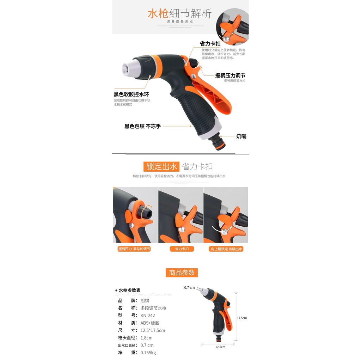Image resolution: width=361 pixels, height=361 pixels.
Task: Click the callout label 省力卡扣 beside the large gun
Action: tap(210, 44)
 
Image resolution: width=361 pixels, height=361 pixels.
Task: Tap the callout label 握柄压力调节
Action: tap(230, 75)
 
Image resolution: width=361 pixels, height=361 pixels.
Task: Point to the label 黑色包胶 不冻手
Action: tap(142, 126)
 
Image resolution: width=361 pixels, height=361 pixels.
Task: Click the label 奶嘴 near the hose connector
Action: tap(241, 136)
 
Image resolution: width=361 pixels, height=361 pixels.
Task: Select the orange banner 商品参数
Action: tap(182, 273)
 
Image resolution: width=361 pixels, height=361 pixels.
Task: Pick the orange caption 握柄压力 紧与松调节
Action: tap(134, 249)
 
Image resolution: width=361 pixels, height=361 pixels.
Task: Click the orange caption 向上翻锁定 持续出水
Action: tap(226, 249)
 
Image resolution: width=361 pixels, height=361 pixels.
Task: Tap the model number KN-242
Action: tap(148, 316)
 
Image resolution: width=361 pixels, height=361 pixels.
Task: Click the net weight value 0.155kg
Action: tap(148, 353)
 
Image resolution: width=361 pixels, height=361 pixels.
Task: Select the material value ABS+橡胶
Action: tap(150, 323)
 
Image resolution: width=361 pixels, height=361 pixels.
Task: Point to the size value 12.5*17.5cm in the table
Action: tap(153, 330)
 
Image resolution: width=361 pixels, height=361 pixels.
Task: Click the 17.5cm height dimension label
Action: tap(242, 318)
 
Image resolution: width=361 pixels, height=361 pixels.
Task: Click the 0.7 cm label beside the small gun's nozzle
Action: tap(189, 288)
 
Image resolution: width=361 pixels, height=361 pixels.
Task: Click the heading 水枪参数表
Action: tap(129, 290)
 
